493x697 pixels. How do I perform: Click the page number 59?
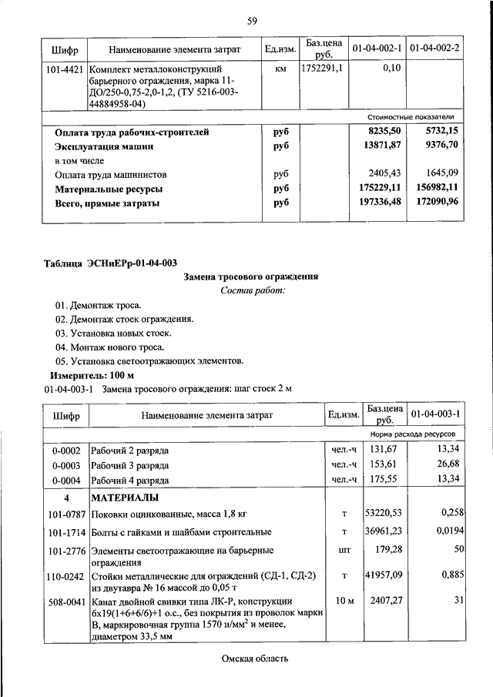(x=251, y=21)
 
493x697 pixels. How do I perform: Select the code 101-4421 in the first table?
(x=65, y=69)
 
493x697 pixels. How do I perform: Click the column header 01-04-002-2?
(x=434, y=49)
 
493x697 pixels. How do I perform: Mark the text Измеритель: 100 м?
(x=91, y=375)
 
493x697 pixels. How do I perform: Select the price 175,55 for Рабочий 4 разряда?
(x=386, y=479)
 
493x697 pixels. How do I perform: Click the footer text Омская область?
(x=254, y=658)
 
